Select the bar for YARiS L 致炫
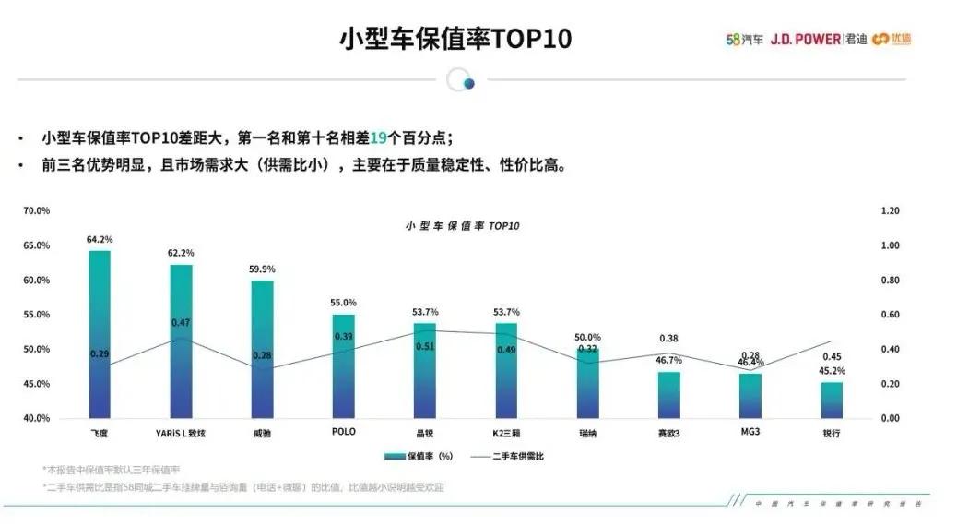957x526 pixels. (181, 341)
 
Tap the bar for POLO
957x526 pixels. (343, 365)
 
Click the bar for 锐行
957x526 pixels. (831, 400)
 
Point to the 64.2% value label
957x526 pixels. (100, 240)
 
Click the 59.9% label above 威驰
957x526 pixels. (262, 269)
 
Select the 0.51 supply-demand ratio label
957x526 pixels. (425, 346)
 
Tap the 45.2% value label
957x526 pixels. (832, 371)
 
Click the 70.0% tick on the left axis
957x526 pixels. (37, 211)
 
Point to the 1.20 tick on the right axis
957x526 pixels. (889, 211)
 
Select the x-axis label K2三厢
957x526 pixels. (506, 432)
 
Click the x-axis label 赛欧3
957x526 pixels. (668, 432)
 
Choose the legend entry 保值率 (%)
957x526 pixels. (420, 456)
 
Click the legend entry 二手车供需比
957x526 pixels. (506, 456)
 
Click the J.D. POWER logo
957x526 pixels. (804, 39)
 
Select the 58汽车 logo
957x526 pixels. (744, 39)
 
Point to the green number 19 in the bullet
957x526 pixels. (377, 137)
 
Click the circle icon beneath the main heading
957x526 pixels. (461, 81)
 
